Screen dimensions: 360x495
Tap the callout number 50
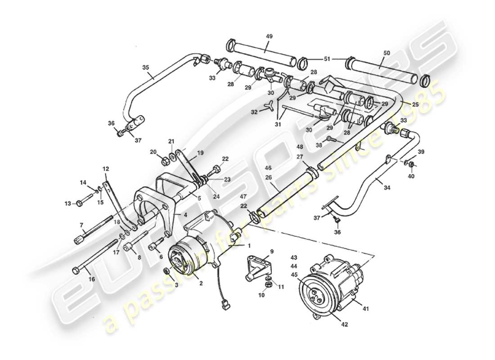[387, 54]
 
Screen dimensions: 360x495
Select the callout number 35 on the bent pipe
[145, 67]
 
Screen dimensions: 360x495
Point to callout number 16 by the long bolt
[91, 279]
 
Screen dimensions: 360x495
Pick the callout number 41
[365, 309]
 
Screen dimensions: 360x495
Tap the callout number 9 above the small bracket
[272, 251]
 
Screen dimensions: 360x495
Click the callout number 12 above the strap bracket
[106, 169]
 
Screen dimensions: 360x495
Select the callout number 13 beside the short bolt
[67, 204]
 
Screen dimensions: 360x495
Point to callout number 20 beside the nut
[153, 151]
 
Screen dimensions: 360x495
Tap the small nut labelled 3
[166, 271]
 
